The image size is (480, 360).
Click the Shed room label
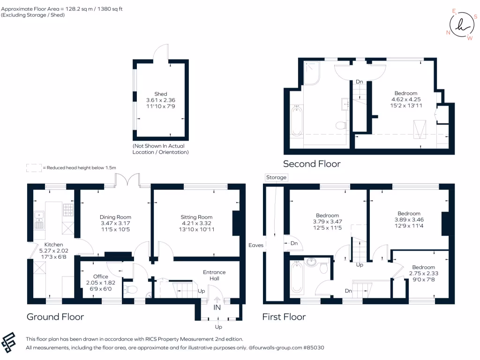pyautogui.click(x=161, y=94)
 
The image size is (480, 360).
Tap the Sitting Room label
pyautogui.click(x=196, y=217)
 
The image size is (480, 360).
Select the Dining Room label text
pyautogui.click(x=115, y=217)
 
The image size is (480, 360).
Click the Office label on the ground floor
pyautogui.click(x=100, y=277)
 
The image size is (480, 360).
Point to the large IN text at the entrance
pyautogui.click(x=218, y=307)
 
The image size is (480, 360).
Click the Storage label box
pyautogui.click(x=276, y=178)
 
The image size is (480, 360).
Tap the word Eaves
pyautogui.click(x=256, y=245)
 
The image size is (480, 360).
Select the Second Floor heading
pyautogui.click(x=312, y=164)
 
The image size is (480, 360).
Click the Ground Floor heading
pyautogui.click(x=55, y=317)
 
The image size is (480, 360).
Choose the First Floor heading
pyautogui.click(x=284, y=317)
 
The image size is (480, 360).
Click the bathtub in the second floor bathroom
pyautogui.click(x=296, y=121)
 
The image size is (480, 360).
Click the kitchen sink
pyautogui.click(x=39, y=219)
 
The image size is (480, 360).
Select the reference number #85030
pyautogui.click(x=313, y=348)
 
